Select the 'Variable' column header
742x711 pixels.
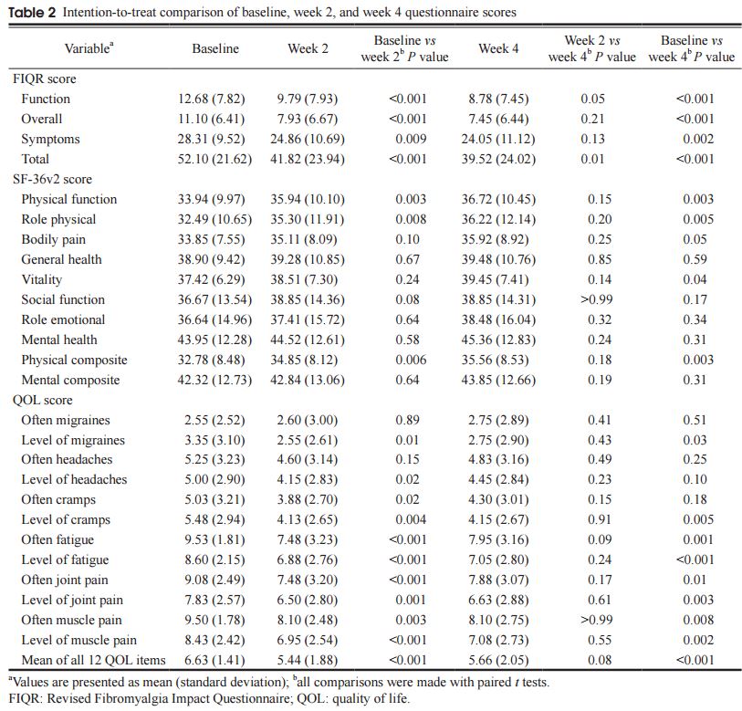(x=89, y=47)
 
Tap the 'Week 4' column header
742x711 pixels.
(x=498, y=48)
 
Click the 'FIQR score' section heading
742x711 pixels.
(x=45, y=78)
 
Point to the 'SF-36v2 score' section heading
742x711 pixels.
(x=53, y=179)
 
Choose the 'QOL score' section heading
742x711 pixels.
(x=43, y=400)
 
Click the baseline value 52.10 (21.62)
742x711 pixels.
(x=214, y=159)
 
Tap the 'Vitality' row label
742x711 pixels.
(x=44, y=279)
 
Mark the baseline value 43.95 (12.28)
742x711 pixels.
(x=214, y=340)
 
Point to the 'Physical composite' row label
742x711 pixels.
(x=74, y=360)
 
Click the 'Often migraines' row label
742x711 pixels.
(x=66, y=420)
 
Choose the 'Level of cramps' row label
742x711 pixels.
(x=66, y=519)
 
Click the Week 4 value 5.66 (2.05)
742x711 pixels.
(x=498, y=660)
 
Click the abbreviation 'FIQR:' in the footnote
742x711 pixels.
(x=23, y=700)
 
